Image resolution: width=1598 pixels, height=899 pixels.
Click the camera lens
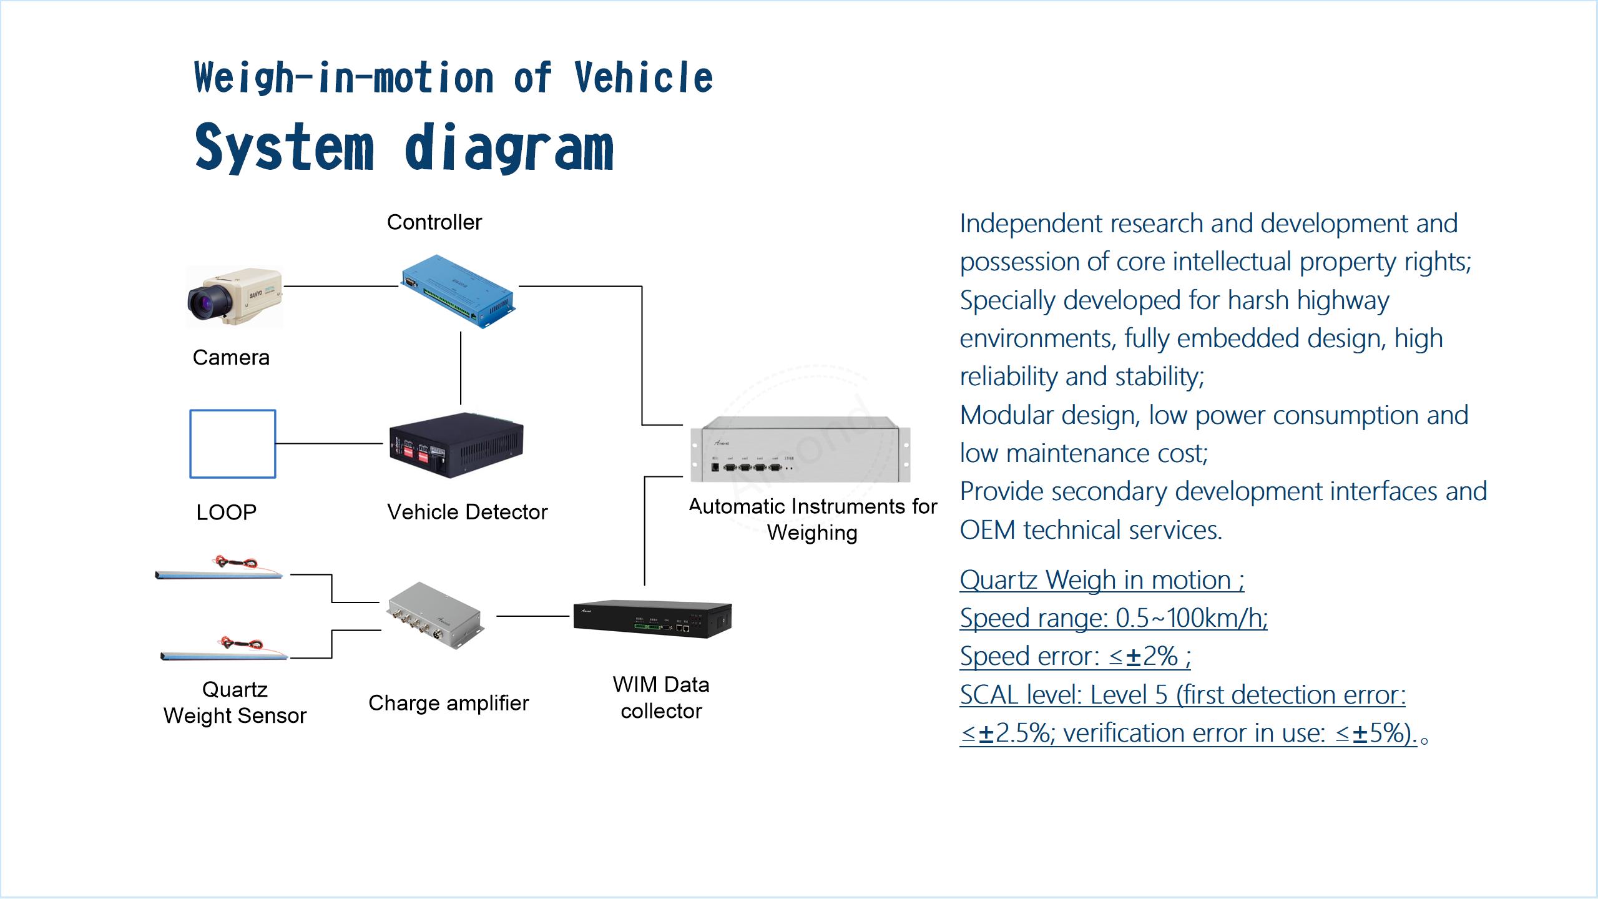[207, 302]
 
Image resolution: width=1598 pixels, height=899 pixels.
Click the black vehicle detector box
[456, 445]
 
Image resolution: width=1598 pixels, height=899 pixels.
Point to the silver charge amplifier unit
[436, 616]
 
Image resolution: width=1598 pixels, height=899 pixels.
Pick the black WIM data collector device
[652, 619]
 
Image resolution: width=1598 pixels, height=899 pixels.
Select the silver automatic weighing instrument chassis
[800, 449]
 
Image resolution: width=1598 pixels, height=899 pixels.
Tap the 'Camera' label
[231, 358]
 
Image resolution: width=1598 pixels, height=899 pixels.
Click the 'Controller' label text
[434, 222]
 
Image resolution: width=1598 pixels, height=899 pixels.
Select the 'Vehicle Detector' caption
[467, 512]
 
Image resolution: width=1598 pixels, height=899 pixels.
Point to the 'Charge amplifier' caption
[448, 703]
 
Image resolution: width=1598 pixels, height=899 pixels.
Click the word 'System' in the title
[284, 148]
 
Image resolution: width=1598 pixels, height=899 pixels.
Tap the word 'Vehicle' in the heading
[643, 78]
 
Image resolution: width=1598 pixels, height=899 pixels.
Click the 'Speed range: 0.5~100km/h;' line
[1114, 618]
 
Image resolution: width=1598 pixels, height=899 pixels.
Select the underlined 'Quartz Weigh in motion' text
[1102, 580]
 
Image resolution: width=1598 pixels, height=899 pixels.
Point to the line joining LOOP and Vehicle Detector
[330, 444]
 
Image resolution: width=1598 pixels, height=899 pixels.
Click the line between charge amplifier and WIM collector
[533, 616]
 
